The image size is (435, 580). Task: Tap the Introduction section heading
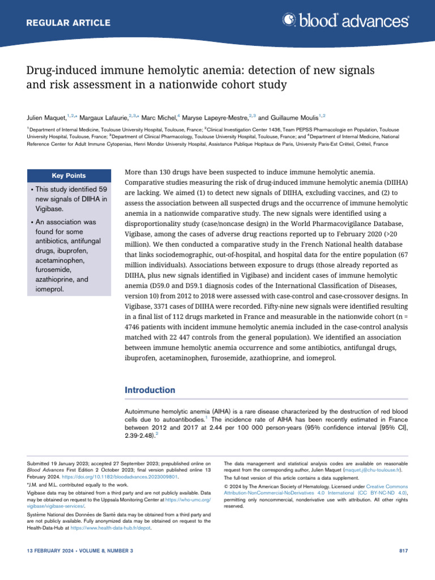(x=150, y=390)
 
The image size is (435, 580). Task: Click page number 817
(x=403, y=551)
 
